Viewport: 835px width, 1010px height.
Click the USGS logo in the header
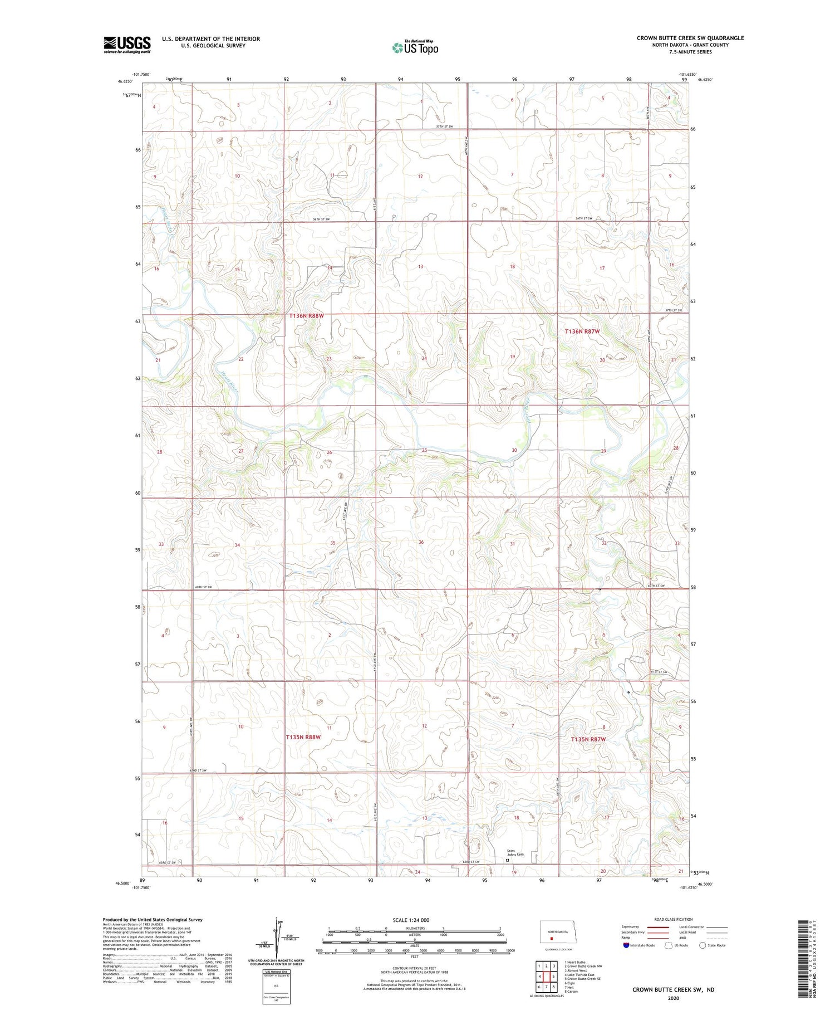127,45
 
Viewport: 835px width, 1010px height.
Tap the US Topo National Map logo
415,47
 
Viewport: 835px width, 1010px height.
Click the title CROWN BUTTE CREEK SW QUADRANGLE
690,38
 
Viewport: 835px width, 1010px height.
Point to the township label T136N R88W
306,316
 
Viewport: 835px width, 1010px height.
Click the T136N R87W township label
582,331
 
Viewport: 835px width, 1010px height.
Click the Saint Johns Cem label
515,852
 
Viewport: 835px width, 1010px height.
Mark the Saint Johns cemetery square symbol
507,860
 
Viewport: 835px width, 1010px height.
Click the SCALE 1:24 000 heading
411,920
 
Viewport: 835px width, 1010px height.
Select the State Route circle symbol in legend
703,945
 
